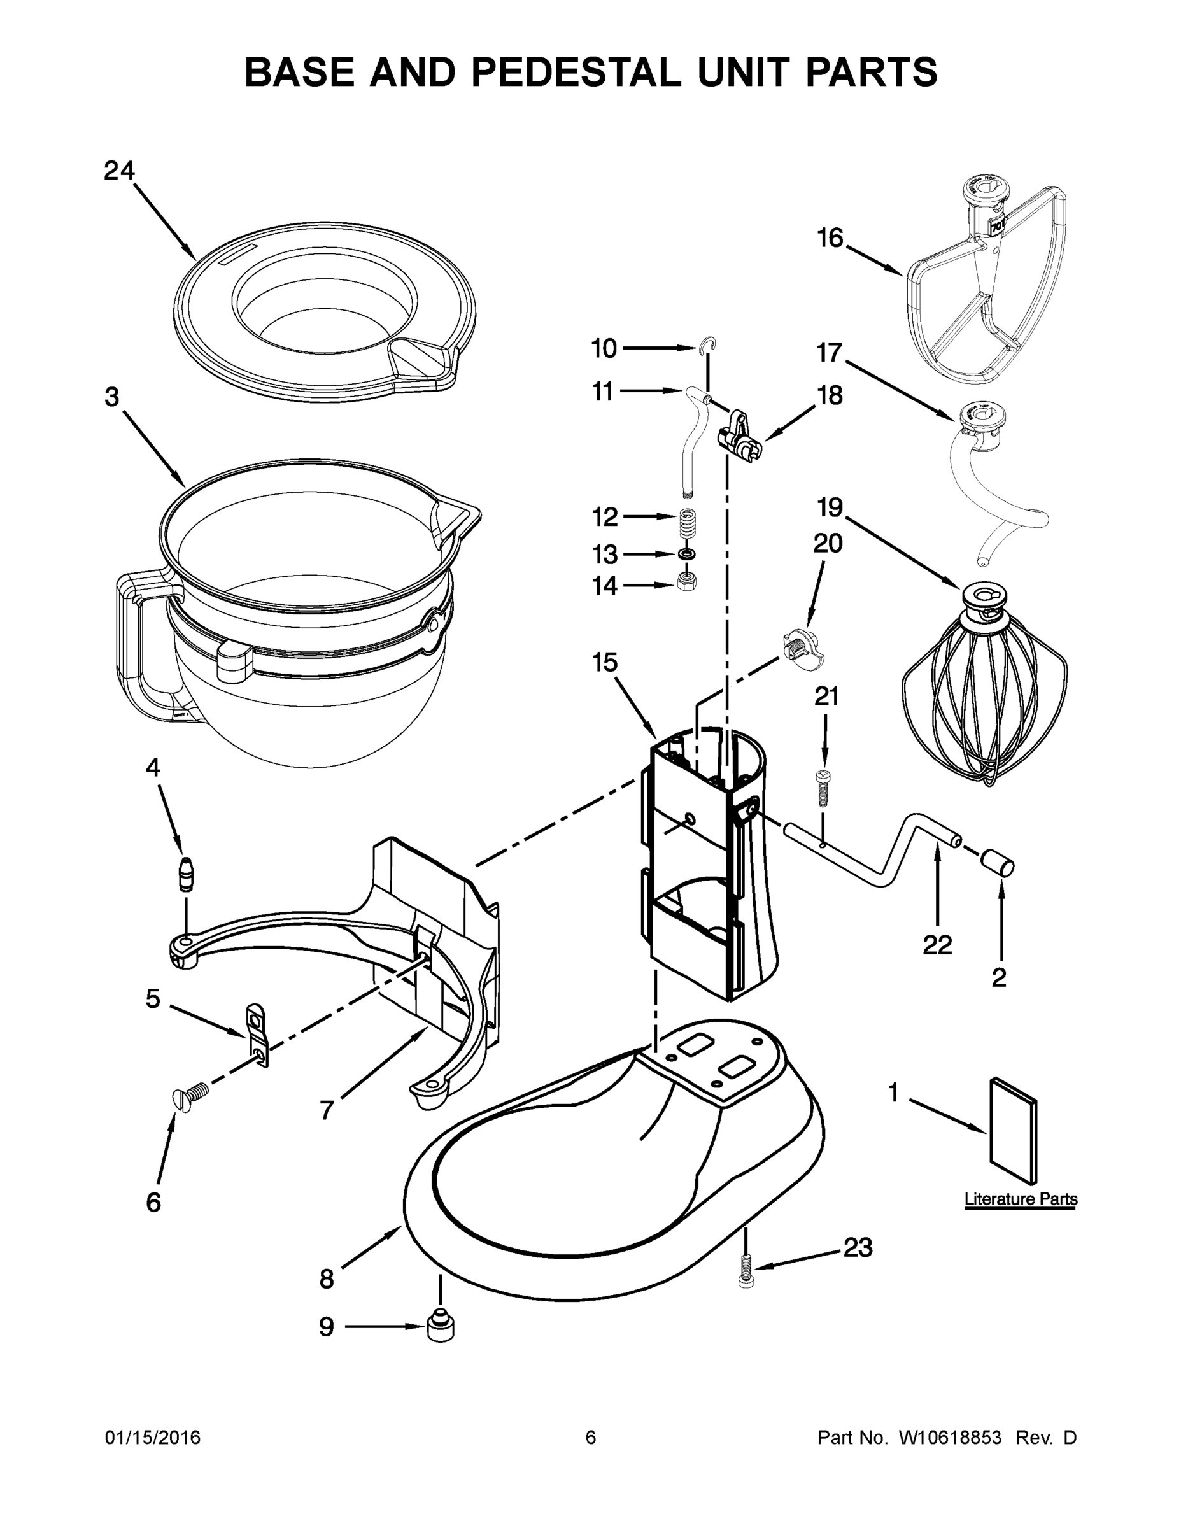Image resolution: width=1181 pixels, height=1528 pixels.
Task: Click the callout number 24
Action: (x=119, y=171)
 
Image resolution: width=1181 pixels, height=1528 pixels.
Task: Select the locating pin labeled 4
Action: (x=185, y=873)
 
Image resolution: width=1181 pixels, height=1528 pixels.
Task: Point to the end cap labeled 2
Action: (x=999, y=862)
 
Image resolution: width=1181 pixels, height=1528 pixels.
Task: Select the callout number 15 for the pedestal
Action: (x=605, y=662)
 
